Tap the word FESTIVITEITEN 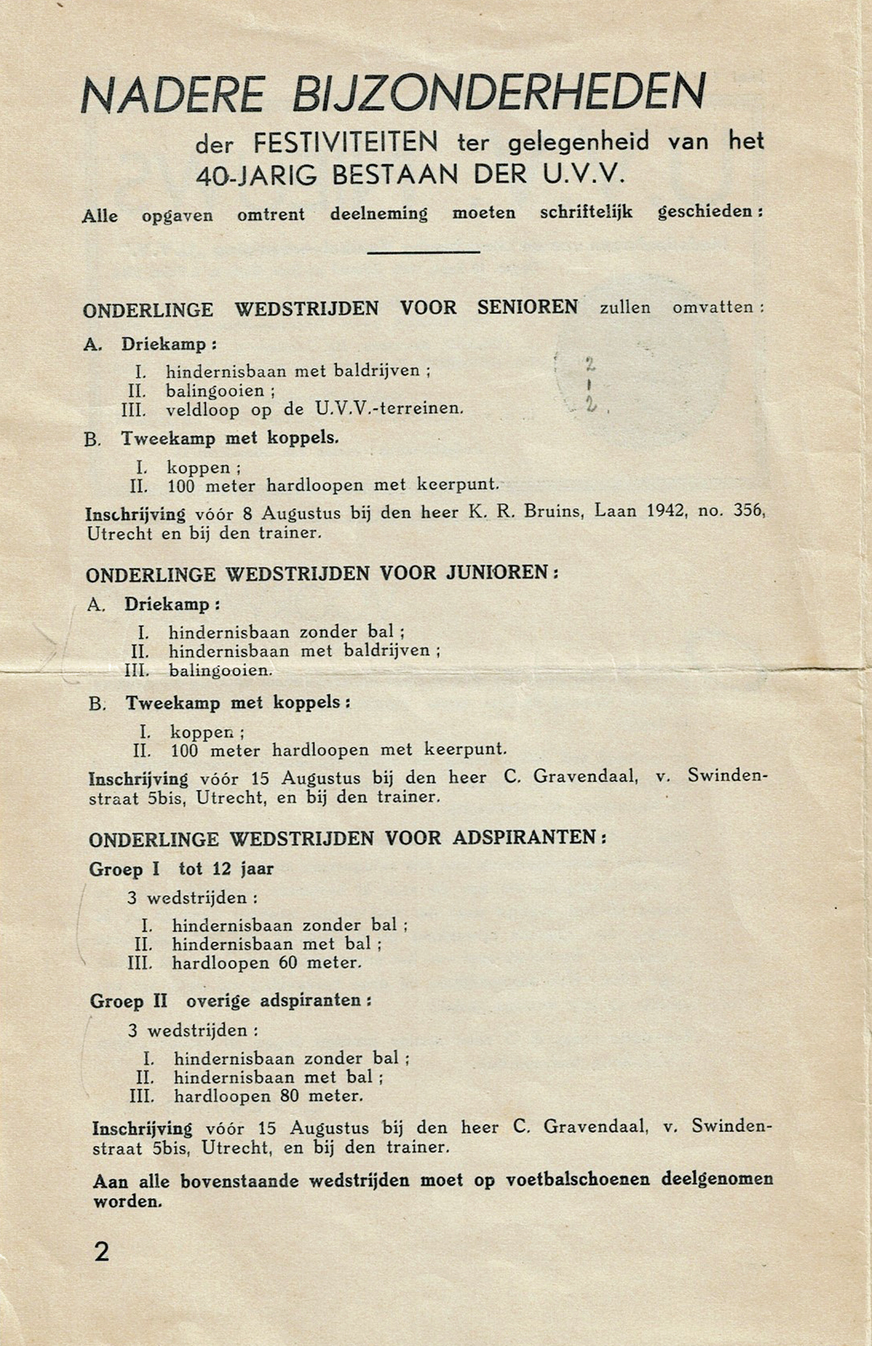click(x=346, y=143)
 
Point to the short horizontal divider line click(x=423, y=252)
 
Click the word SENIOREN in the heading click(x=527, y=308)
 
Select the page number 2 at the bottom click(x=101, y=1252)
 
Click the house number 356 click(x=747, y=510)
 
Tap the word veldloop click(x=202, y=410)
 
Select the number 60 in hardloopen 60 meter click(x=288, y=963)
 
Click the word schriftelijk click(x=586, y=212)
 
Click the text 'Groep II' click(x=129, y=1001)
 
